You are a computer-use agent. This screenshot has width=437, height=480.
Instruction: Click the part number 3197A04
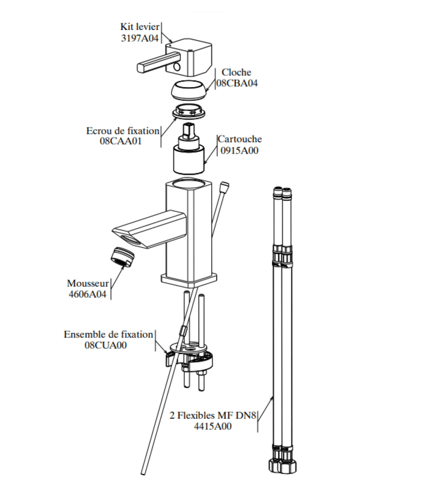[140, 38]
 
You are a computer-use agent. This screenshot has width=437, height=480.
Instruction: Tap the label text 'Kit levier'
[140, 27]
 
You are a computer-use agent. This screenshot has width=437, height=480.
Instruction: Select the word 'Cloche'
[236, 72]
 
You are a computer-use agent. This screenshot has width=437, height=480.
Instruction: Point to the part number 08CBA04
[237, 83]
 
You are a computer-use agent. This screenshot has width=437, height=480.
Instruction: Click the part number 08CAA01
[121, 141]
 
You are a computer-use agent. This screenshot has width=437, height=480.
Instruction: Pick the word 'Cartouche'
[240, 139]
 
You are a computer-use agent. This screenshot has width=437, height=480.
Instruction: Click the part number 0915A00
[240, 151]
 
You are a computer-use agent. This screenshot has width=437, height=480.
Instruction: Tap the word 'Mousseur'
[88, 283]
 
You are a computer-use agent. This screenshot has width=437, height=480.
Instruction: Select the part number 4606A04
[87, 294]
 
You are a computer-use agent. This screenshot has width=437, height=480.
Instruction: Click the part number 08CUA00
[106, 345]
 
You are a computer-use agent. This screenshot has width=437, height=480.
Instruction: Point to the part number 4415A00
[213, 426]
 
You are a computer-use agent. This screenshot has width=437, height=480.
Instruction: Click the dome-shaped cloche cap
[188, 90]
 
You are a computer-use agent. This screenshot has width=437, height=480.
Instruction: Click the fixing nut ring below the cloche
[188, 112]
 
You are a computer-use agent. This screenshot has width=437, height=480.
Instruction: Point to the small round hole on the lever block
[176, 66]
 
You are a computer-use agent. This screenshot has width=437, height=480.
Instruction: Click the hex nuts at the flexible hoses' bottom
[282, 466]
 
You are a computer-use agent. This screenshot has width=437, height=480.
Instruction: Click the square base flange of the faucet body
[188, 280]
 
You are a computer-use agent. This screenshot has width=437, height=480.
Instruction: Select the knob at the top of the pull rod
[225, 185]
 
